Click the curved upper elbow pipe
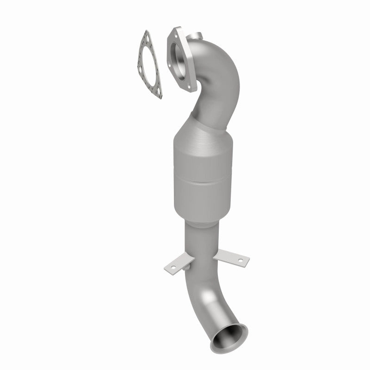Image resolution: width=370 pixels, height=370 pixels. [220, 83]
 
